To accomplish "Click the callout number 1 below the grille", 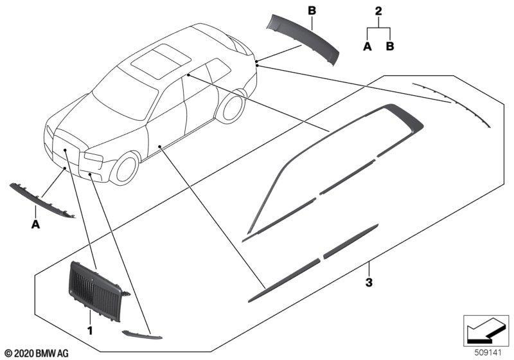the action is (x=89, y=330).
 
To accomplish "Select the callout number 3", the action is (x=369, y=282).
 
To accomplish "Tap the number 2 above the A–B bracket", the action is (x=378, y=11).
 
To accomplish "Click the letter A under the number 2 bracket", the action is (x=368, y=46).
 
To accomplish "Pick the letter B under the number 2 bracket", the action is (x=390, y=46).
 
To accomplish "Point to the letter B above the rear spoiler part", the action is (x=312, y=11).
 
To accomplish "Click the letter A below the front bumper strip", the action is (x=35, y=224).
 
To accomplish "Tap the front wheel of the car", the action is (x=125, y=168).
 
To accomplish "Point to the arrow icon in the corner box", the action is (x=486, y=330).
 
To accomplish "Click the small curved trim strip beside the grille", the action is (x=141, y=335).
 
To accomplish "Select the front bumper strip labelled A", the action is (x=42, y=201).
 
